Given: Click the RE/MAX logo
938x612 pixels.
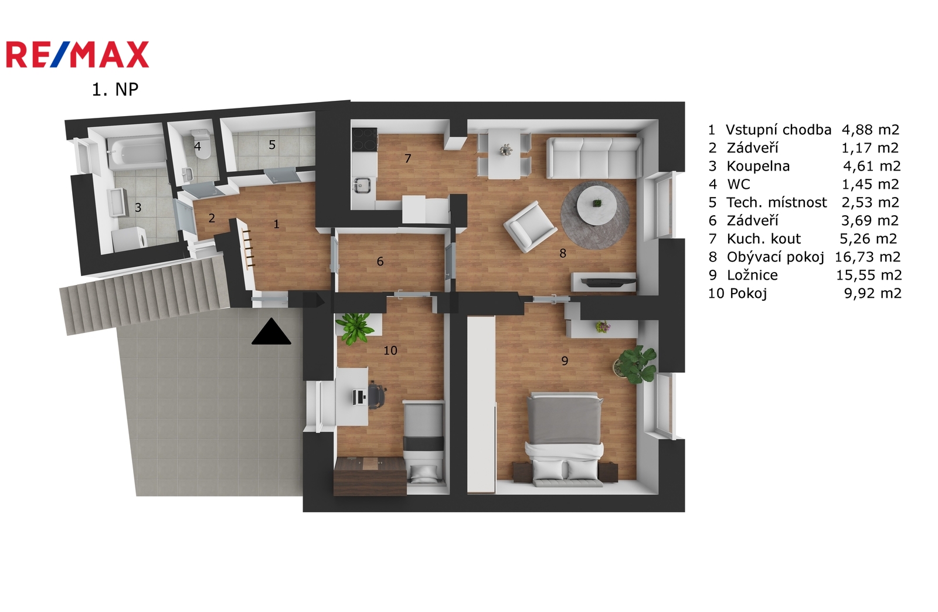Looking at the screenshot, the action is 77,55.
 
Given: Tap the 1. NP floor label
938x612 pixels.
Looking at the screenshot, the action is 115,90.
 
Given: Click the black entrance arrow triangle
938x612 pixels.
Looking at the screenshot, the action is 271,332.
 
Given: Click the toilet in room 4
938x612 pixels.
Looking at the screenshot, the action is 200,144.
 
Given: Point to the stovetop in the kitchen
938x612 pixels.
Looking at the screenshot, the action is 365,140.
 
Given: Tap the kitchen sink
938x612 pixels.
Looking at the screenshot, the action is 362,185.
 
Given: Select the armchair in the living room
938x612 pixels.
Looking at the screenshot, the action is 530,226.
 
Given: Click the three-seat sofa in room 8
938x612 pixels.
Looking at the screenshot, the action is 593,158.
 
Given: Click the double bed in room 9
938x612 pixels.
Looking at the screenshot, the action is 565,439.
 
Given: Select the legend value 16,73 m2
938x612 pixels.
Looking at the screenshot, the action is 868,257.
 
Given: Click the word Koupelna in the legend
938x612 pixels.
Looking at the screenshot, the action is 759,166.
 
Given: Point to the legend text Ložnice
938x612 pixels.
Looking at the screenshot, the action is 753,275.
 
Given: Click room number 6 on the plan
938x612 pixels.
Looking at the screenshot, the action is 380,261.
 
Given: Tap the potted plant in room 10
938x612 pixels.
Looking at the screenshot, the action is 355,329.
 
